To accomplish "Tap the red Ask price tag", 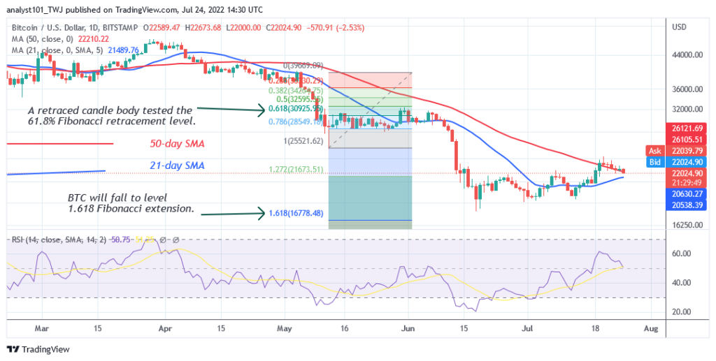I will click(655, 151).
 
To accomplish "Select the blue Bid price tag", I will click(655, 161).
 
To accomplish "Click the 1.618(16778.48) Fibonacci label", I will click(296, 214).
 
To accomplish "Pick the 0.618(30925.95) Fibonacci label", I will click(296, 110).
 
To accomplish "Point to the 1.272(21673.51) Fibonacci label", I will click(296, 169).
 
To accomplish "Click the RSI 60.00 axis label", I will click(682, 253).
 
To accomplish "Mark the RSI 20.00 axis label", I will click(682, 312).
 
